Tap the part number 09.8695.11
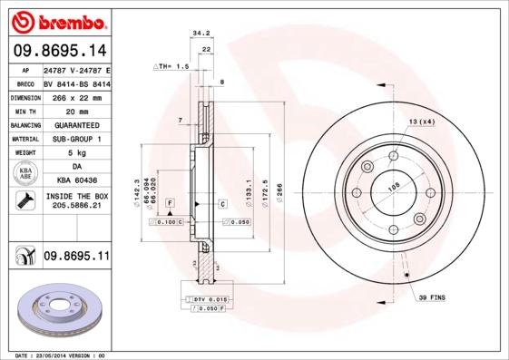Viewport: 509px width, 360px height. click(76, 257)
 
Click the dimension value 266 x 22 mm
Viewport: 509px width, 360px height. click(76, 96)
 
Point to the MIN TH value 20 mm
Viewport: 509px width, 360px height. click(76, 110)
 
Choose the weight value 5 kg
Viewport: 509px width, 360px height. click(76, 152)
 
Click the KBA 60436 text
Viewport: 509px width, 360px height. click(76, 180)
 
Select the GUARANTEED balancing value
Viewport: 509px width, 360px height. click(76, 124)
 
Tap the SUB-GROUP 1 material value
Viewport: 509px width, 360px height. click(76, 139)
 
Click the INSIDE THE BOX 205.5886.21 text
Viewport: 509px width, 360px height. click(76, 201)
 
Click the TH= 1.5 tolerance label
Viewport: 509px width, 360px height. click(172, 66)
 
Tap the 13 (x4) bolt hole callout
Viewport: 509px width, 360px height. click(421, 122)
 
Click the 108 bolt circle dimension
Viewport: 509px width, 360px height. click(394, 188)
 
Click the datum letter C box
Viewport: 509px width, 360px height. click(221, 204)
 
